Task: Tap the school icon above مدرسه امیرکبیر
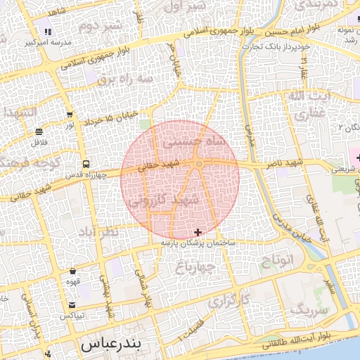point(48,32)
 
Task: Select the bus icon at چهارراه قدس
point(86,163)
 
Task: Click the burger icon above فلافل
point(39,131)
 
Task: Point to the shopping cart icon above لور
point(69,115)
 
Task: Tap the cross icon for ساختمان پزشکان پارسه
point(198,232)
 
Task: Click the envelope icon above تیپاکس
point(73,305)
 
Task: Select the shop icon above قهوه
point(73,271)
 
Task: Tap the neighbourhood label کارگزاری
point(229,299)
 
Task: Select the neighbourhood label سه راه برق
point(125,79)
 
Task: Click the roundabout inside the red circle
point(199,165)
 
